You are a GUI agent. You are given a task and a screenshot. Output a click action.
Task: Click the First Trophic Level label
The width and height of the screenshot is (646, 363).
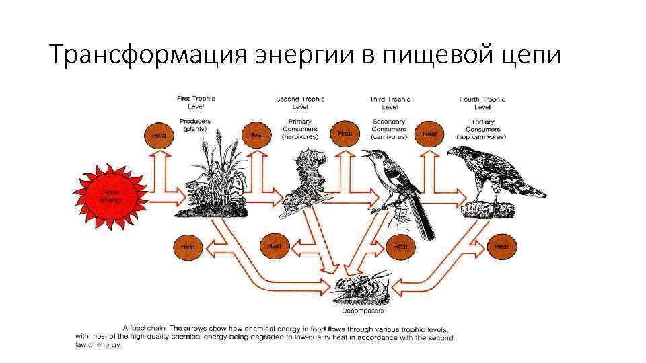(x=196, y=102)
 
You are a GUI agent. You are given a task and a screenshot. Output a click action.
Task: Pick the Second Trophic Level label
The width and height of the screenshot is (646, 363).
(x=300, y=103)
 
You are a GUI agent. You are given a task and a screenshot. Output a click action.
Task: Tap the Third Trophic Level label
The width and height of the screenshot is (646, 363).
(x=390, y=103)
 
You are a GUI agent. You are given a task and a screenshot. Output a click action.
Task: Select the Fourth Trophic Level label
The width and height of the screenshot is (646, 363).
(x=482, y=103)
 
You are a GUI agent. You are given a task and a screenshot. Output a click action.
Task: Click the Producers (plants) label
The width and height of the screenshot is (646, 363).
(x=195, y=125)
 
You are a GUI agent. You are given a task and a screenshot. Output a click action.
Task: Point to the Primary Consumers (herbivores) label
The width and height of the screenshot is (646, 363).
(x=296, y=129)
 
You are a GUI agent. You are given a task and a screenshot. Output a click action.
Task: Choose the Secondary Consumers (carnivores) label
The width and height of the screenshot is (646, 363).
(x=389, y=129)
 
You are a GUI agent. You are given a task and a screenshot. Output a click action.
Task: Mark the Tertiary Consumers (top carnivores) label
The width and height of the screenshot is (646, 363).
(x=482, y=129)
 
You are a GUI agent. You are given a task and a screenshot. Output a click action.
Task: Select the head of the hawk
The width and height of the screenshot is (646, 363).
(x=458, y=153)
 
